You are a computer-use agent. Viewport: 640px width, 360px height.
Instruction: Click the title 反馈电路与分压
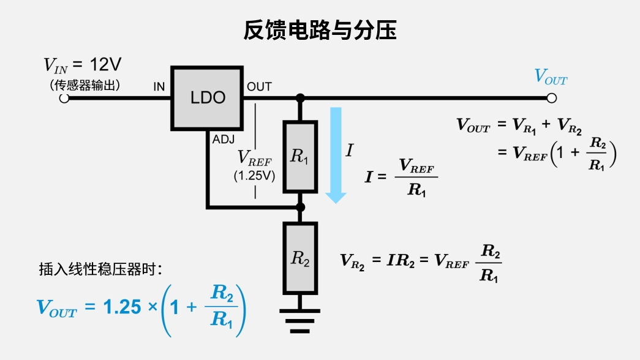coord(320,29)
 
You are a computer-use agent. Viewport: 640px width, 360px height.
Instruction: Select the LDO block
coord(208,98)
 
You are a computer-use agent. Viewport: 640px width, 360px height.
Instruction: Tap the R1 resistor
coord(299,157)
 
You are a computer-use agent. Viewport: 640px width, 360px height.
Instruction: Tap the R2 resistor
coord(299,258)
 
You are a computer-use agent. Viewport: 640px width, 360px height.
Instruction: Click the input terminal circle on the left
coord(64,98)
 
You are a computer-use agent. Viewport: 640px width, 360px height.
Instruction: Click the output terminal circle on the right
coord(551,98)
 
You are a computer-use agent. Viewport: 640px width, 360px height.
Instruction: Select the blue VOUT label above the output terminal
coord(551,77)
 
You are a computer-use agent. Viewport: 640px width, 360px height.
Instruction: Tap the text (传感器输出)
coord(85,84)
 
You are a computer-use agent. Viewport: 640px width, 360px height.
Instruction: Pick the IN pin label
coord(159,87)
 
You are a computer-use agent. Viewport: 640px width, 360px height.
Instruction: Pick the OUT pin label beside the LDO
coord(259,87)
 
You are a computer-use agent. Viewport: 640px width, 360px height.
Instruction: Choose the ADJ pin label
coord(224,140)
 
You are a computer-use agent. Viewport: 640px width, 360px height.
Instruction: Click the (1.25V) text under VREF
coord(254,176)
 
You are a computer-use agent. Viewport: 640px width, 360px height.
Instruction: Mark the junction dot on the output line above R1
coord(299,98)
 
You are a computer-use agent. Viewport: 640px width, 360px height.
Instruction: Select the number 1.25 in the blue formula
coord(122,308)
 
